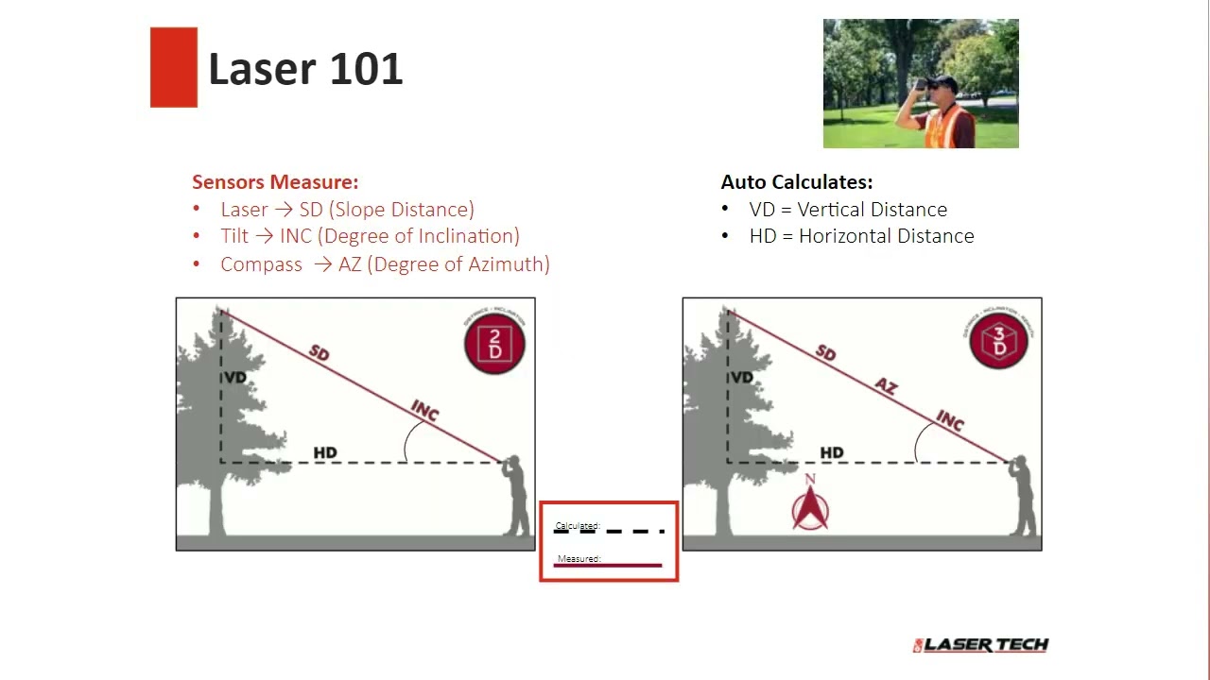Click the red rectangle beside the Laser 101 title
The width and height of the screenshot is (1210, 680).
tap(174, 67)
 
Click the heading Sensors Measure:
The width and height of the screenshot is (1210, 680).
tap(275, 182)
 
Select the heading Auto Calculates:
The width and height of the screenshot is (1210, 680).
tap(797, 182)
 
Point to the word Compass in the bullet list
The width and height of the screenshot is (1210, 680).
tap(261, 264)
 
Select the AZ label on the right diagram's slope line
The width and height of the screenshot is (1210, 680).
tap(886, 386)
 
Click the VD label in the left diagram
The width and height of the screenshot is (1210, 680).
tap(235, 378)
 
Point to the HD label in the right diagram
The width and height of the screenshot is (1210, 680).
tap(832, 453)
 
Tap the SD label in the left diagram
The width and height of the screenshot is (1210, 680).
tap(320, 353)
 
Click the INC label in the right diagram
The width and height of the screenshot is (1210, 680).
tap(949, 420)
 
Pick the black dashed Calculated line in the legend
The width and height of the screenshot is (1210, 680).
tap(609, 532)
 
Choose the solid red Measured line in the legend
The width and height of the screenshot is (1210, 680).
tap(609, 566)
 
